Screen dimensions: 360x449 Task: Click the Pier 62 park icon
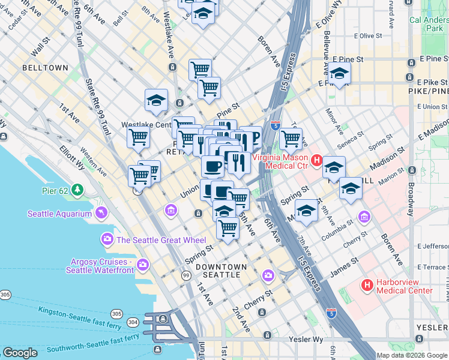[x=77, y=190]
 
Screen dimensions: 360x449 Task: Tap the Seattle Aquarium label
[x=59, y=214]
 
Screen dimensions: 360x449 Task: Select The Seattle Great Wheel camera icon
[x=107, y=239]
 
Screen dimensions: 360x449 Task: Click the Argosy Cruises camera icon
[x=143, y=264]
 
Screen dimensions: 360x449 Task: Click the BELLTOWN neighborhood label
[x=45, y=68]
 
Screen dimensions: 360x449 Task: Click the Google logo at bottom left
[x=20, y=353]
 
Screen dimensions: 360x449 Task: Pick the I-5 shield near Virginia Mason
[x=274, y=125]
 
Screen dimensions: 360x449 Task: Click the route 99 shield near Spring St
[x=187, y=275]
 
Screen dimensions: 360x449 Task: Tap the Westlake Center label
[x=146, y=125]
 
